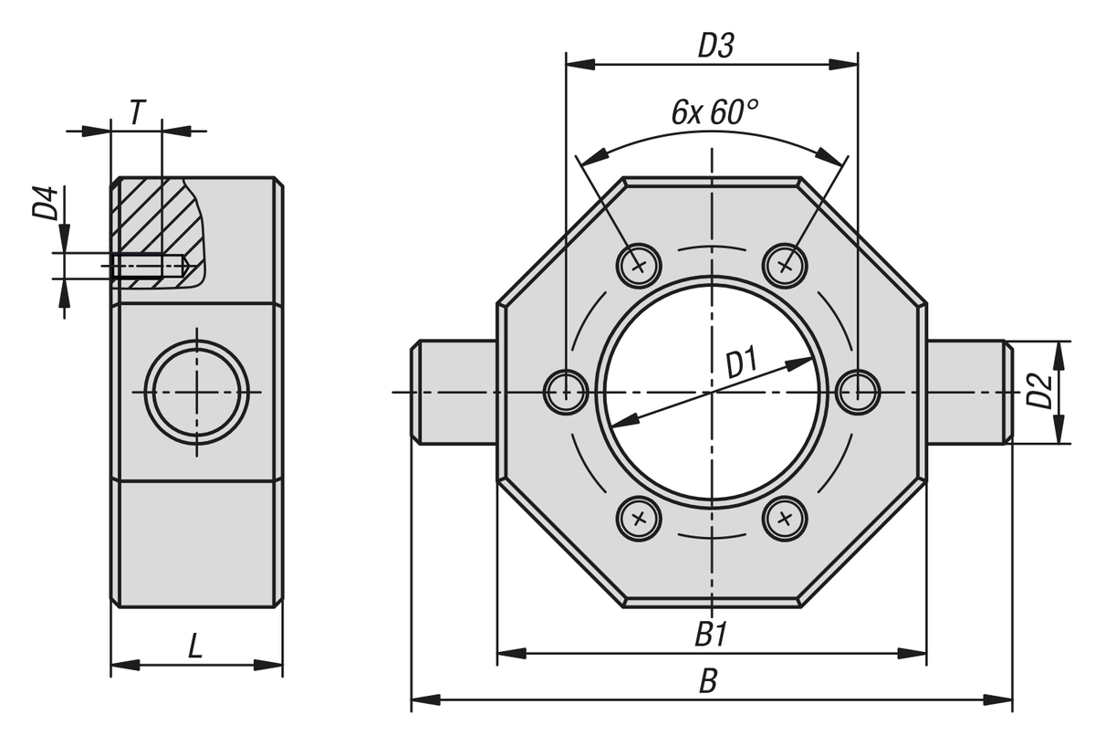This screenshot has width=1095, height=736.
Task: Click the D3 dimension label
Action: [715, 47]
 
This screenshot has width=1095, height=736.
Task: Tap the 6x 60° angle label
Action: [714, 112]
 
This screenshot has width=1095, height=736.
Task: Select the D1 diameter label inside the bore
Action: [742, 363]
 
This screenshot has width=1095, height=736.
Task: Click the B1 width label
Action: [711, 635]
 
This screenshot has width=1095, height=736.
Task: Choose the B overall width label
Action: [708, 681]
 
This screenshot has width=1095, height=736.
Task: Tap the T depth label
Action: [138, 112]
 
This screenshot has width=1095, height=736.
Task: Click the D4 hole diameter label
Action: [46, 203]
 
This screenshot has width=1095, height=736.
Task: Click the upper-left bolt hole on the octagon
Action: [639, 266]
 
